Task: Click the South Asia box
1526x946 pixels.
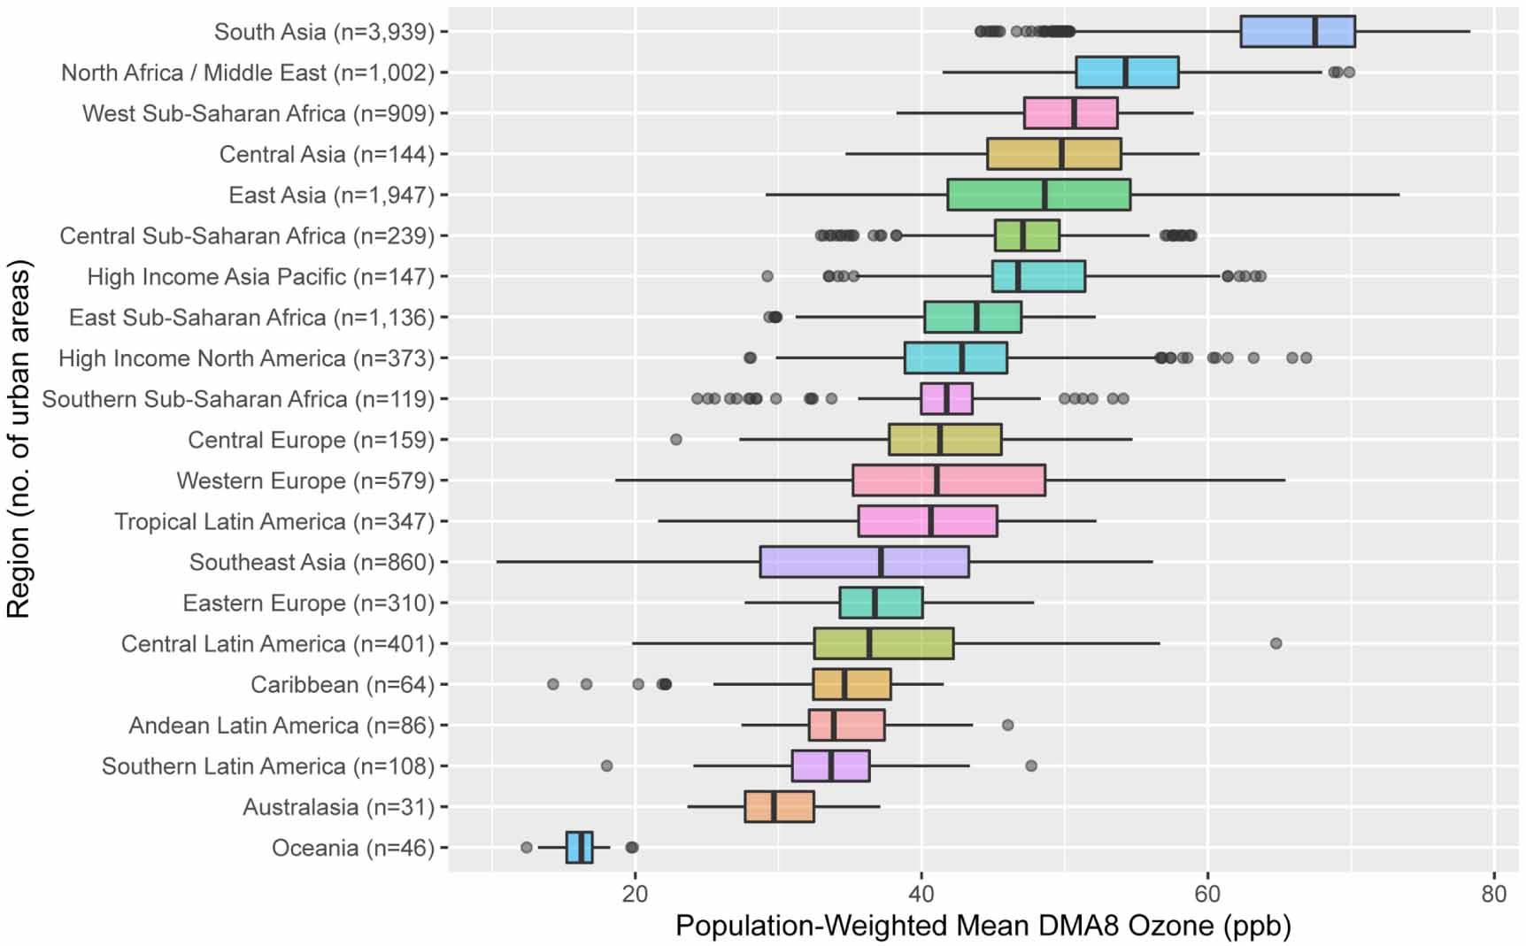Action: point(1297,31)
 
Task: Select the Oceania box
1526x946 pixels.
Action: point(580,847)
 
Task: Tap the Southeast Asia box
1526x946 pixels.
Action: point(864,562)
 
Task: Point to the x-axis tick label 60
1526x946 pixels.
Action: point(1207,894)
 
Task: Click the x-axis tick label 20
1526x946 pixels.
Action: point(635,894)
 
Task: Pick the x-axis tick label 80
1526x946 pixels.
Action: point(1493,894)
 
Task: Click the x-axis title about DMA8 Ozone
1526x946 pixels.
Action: point(983,926)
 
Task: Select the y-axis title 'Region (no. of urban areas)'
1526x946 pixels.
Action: point(19,439)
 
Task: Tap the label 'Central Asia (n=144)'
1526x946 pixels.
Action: point(327,154)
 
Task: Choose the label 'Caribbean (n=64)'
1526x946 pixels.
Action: point(343,684)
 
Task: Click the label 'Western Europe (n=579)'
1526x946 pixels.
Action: point(305,481)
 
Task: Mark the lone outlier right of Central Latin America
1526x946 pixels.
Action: point(1276,643)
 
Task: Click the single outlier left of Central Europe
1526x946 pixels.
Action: point(676,440)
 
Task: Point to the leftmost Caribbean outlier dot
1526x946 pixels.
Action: point(553,684)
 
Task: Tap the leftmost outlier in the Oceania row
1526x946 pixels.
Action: point(527,847)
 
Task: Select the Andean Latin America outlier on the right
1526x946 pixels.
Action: point(1007,725)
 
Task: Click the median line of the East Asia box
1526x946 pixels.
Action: point(1044,195)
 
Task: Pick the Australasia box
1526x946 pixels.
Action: point(779,806)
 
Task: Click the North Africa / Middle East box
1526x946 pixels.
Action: point(1127,72)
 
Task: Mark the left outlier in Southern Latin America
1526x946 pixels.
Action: point(606,765)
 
